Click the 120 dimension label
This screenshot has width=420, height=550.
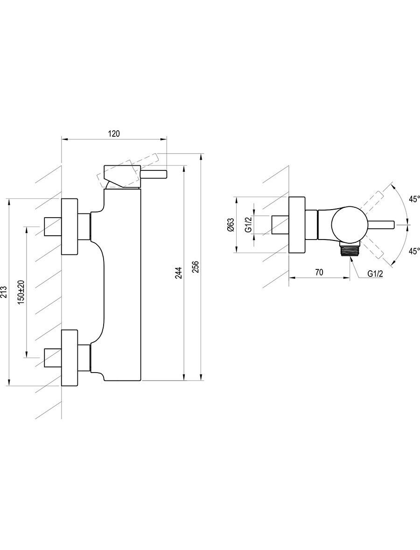click(114, 134)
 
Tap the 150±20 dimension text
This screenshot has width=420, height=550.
click(21, 291)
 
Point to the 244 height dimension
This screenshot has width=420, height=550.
click(179, 274)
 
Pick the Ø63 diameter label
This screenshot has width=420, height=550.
click(231, 225)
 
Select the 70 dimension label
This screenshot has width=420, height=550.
click(319, 272)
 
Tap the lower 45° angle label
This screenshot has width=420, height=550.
click(414, 251)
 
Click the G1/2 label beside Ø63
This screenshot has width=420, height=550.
click(248, 225)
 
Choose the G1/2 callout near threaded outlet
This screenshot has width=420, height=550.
click(375, 273)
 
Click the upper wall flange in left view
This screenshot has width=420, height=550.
click(70, 226)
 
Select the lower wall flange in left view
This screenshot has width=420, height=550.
click(70, 358)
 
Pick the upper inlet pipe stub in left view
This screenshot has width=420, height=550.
click(53, 226)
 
